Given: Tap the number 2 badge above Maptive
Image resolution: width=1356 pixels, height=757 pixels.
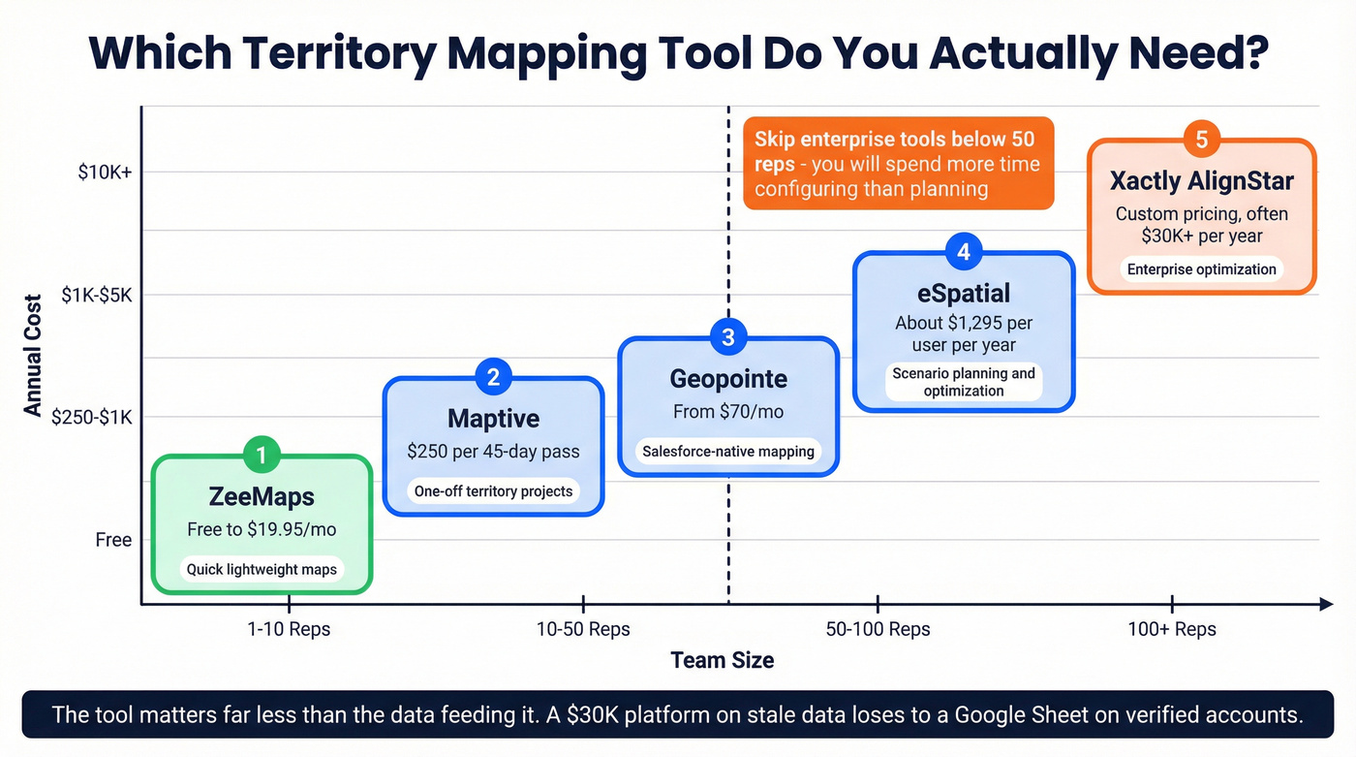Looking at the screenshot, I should point(493,377).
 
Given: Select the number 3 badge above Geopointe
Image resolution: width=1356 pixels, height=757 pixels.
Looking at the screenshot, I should point(728,337).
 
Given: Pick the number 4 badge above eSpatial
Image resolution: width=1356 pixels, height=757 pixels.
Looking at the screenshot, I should point(964,252).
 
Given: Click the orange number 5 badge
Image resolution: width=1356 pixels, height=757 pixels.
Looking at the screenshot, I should point(1201,140).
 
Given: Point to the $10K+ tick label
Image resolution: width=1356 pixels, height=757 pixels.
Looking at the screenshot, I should point(105,173).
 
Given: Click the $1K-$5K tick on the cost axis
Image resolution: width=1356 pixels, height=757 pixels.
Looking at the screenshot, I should point(97,295).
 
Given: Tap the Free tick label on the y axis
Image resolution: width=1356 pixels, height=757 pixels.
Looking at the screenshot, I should point(113,540).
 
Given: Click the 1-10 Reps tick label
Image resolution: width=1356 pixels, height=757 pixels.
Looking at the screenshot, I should point(289,629).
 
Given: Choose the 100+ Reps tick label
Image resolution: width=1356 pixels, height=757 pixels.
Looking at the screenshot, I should point(1171,629).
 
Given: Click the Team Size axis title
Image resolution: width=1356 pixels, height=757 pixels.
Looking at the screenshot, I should point(723,661).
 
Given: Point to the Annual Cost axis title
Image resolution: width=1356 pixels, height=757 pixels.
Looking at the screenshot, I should point(34,356).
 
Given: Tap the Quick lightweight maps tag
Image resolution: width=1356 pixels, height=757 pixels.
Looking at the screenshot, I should point(262,569).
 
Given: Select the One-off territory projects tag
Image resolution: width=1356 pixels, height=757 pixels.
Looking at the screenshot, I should point(493,491).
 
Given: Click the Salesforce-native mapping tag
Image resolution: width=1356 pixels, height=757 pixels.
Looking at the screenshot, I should point(728,452).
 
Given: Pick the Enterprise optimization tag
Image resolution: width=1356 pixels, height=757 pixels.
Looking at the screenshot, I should point(1201,269).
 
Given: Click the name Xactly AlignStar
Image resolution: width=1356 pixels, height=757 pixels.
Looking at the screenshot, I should point(1201,181).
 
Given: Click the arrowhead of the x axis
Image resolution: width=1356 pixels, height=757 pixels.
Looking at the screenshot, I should point(1326,605).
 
